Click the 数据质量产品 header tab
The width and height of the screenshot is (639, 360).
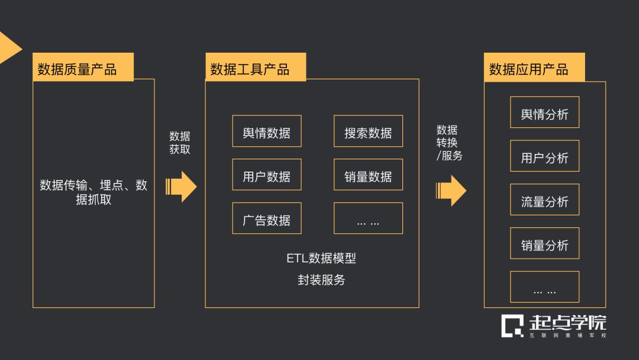(83, 67)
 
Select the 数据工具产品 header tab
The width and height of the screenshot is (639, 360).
(256, 67)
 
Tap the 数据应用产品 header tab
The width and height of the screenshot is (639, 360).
(534, 67)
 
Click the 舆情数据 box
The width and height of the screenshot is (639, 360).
(266, 131)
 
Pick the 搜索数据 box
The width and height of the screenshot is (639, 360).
(368, 131)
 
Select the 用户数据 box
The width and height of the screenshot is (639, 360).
(266, 175)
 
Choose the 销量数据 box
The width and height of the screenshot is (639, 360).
(368, 175)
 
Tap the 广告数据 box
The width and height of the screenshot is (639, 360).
(266, 218)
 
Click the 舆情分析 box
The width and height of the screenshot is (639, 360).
(544, 112)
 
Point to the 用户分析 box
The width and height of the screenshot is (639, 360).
(544, 156)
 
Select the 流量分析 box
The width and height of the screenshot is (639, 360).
(544, 200)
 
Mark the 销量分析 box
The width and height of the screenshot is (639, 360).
(544, 243)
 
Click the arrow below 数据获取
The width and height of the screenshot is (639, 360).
(181, 187)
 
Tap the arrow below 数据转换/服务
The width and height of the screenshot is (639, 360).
(451, 191)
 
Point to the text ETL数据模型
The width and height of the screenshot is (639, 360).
(321, 258)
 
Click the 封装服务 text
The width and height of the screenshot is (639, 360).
(321, 279)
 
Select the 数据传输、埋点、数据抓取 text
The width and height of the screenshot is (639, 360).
(93, 192)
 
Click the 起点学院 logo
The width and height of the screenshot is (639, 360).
(554, 326)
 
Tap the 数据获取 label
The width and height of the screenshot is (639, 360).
(180, 143)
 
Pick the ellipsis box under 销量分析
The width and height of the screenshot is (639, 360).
(544, 287)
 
